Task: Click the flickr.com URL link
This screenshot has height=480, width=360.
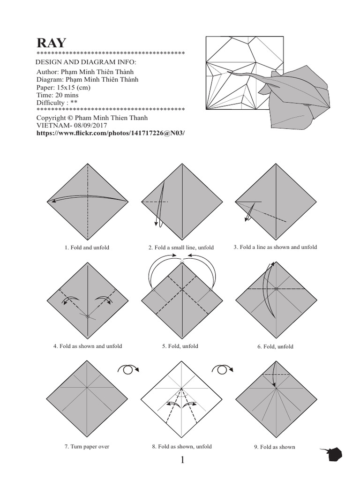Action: coord(111,133)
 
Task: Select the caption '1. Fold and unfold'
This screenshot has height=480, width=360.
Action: coord(87,247)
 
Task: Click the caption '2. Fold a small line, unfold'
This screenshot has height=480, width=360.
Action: coord(181,247)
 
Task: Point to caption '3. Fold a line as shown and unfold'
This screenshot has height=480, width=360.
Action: coord(275,247)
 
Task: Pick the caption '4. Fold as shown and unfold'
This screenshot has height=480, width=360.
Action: coord(88,346)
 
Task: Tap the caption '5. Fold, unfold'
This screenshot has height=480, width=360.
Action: coord(180,346)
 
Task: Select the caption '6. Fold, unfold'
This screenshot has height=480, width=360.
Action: coord(275,347)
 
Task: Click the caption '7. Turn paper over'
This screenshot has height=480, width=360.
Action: coord(87,447)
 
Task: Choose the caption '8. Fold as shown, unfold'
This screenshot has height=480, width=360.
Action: coord(181,447)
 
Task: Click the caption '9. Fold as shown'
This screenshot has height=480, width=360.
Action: coord(275,447)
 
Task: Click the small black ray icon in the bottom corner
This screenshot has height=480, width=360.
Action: coord(333,454)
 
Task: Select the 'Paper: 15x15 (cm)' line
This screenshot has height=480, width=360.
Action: coord(63,88)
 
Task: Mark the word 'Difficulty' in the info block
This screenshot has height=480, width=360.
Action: coord(51,103)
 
